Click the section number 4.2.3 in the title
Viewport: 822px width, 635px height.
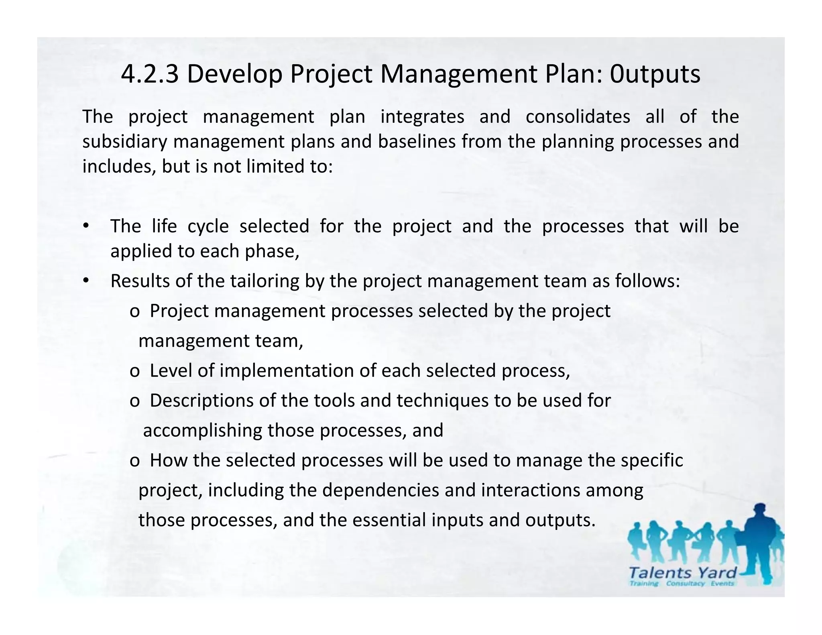(x=149, y=74)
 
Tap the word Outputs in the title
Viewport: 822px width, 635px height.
(x=655, y=74)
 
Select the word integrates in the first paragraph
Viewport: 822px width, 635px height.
(x=422, y=117)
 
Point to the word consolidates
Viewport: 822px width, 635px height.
(x=578, y=117)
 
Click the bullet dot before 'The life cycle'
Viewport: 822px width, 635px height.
(x=85, y=226)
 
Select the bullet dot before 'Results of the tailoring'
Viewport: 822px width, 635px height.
(x=85, y=281)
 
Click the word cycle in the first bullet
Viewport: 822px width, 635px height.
(x=208, y=226)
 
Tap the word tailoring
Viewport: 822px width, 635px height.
(x=265, y=281)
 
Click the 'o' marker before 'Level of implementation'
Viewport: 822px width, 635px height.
(x=134, y=371)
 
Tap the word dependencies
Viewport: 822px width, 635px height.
(x=380, y=490)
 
